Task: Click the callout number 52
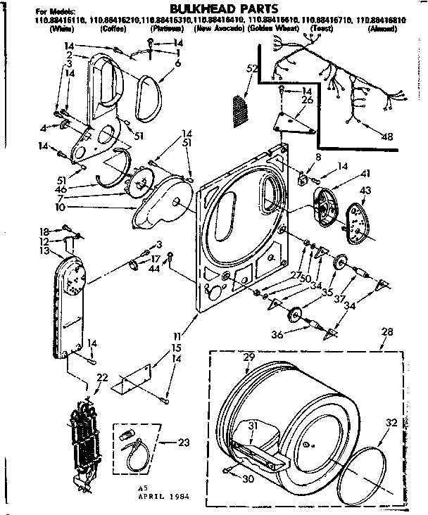(251, 68)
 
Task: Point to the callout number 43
(365, 192)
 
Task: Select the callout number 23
(185, 443)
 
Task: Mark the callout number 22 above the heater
(102, 378)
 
